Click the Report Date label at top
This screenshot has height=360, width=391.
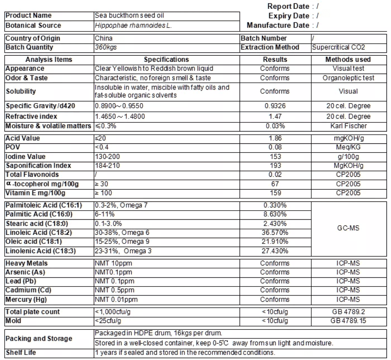tap(288, 6)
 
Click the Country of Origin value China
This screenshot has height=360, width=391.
tap(104, 39)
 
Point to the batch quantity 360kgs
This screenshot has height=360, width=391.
tap(106, 47)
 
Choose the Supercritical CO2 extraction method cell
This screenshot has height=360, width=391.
tap(338, 47)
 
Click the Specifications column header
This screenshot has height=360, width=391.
tap(166, 59)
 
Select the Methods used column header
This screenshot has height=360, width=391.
tap(348, 59)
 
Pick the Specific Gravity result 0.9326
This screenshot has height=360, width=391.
tap(275, 106)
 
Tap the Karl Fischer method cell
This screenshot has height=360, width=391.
tap(348, 126)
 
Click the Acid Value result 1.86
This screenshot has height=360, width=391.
tap(275, 138)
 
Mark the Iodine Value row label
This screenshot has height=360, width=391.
tap(25, 157)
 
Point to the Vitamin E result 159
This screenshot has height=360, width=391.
tap(275, 193)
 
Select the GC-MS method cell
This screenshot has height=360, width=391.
tap(348, 228)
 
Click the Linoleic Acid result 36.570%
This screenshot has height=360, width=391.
tap(275, 233)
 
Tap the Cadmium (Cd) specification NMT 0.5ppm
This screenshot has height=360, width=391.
tap(115, 290)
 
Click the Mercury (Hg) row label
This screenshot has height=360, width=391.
tap(26, 299)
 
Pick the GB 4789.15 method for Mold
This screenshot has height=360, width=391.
tap(348, 321)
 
